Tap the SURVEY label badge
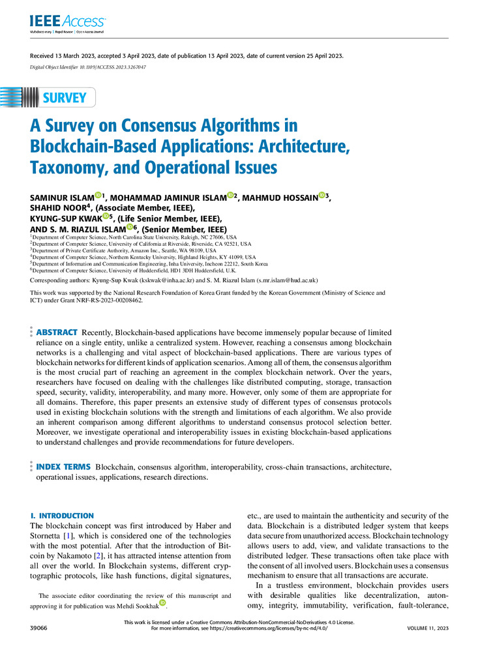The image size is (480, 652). tap(65, 98)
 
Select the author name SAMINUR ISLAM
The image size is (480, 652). tap(62, 197)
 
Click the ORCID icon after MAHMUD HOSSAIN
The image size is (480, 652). tap(322, 196)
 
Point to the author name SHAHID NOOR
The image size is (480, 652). tap(58, 207)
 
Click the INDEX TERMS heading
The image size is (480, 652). tap(63, 467)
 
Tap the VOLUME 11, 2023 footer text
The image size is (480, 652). tap(425, 627)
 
